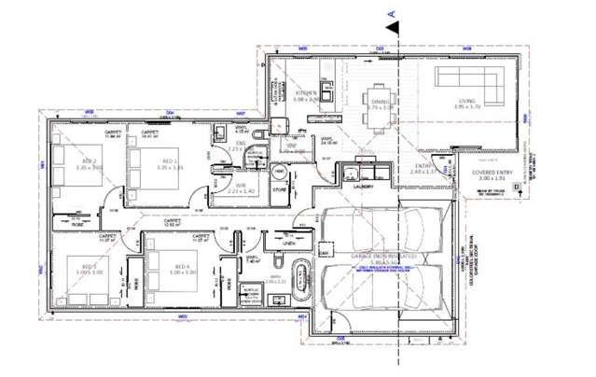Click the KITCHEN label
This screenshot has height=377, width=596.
(x=307, y=94)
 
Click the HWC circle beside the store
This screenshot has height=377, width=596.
(x=280, y=174)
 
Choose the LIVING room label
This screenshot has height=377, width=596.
(x=465, y=103)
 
